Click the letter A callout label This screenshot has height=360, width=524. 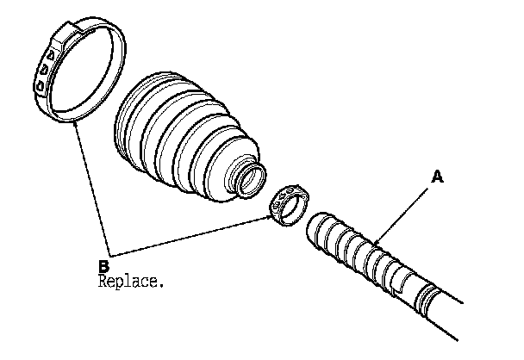[437, 177]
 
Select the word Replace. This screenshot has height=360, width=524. [130, 281]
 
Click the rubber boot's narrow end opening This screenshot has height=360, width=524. [252, 181]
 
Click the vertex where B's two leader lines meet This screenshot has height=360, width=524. [113, 256]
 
